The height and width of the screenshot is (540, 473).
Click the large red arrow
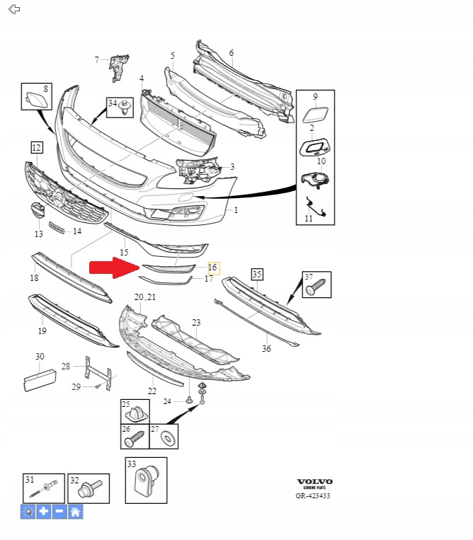click(113, 268)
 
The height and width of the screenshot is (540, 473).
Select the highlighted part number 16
click(212, 268)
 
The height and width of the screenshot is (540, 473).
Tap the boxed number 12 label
click(36, 147)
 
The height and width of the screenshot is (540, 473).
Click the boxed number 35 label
click(256, 274)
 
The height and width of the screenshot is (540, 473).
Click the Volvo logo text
click(314, 482)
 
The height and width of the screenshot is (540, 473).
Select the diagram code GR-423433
click(312, 495)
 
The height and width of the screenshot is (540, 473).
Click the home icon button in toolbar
click(76, 511)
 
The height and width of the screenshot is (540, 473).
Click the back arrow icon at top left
click(13, 9)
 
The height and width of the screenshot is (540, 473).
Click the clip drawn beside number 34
click(127, 108)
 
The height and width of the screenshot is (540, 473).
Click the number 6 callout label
click(231, 53)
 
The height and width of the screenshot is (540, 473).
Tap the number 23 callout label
click(196, 322)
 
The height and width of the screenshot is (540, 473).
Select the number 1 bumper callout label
click(236, 210)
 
